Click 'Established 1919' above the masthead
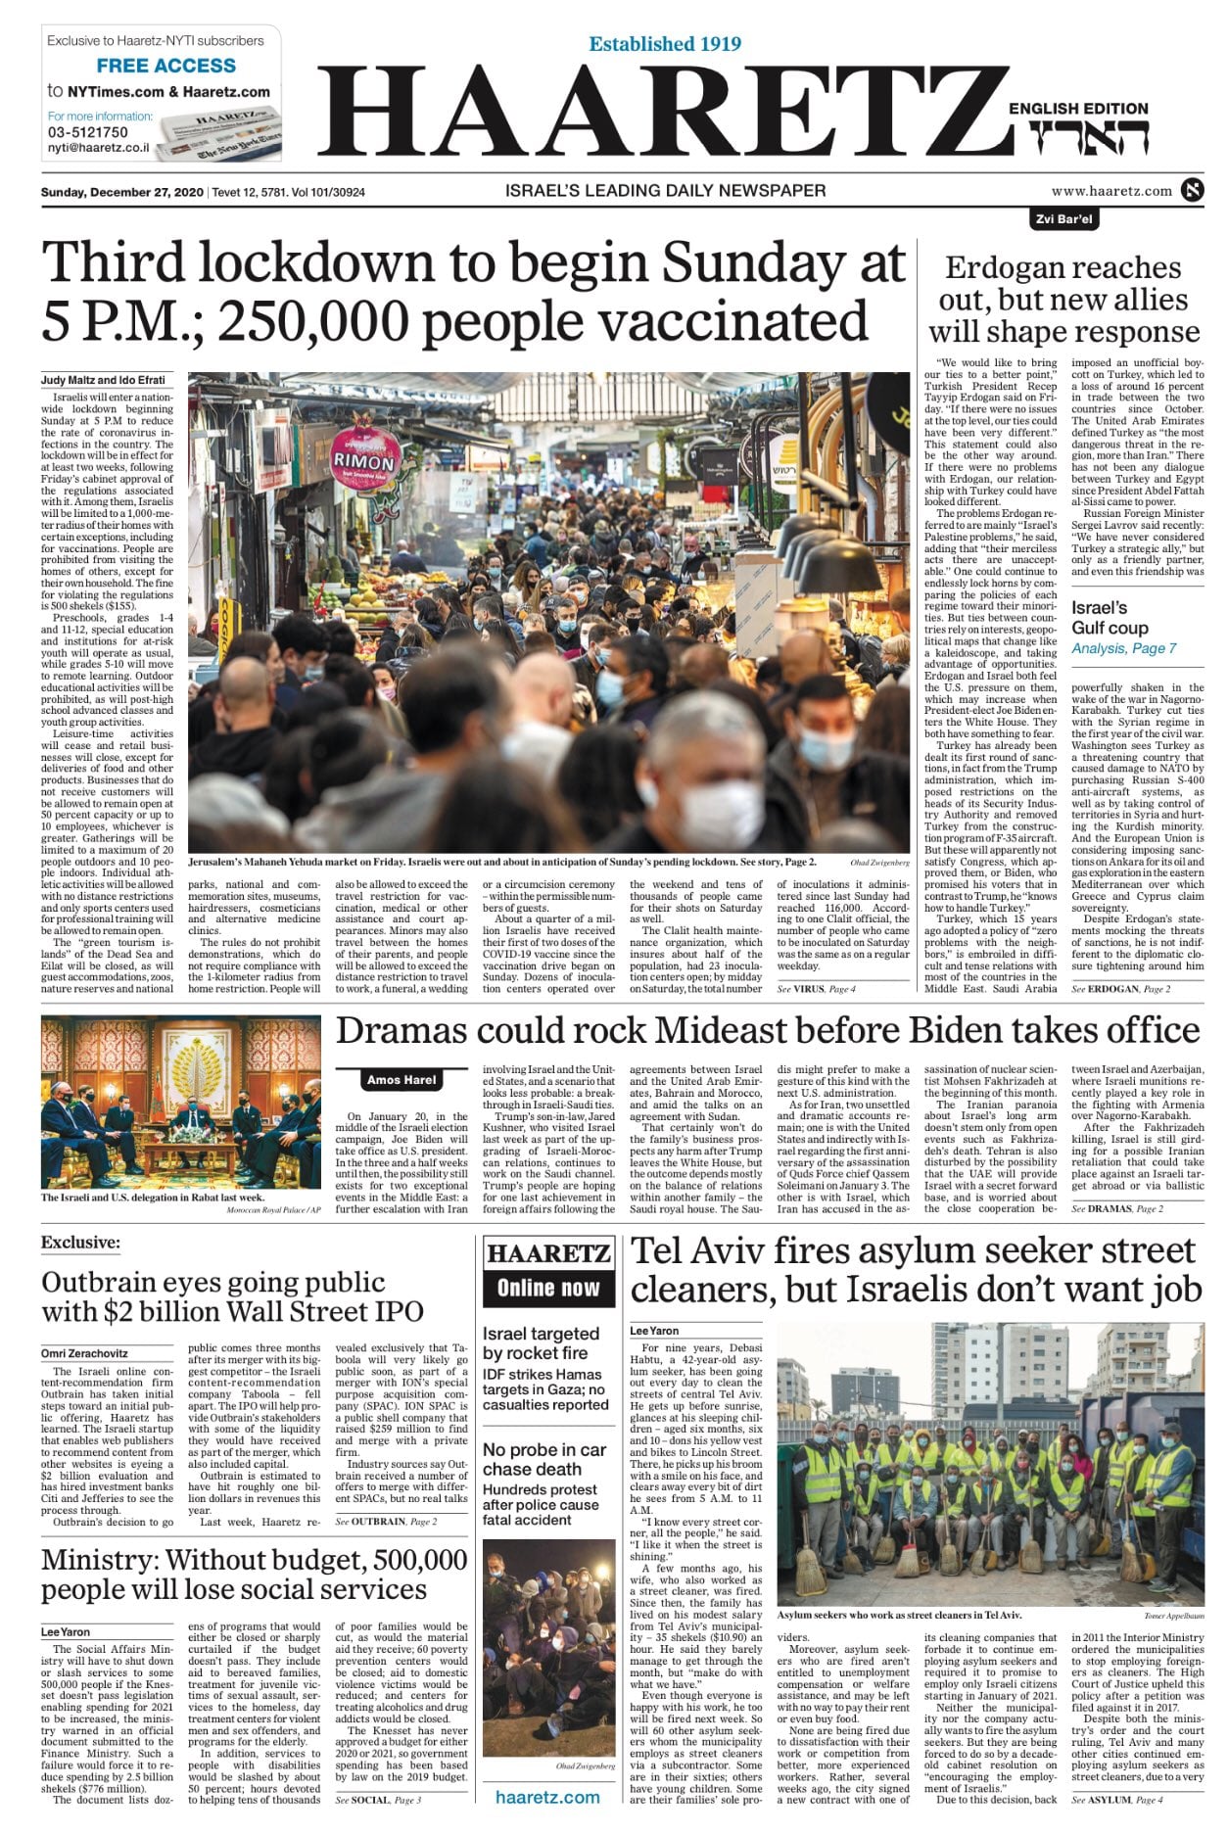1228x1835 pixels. pyautogui.click(x=665, y=44)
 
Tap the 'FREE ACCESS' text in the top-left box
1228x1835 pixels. pyautogui.click(x=166, y=66)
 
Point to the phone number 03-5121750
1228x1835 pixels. pyautogui.click(x=88, y=132)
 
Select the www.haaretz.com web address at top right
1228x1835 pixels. pyautogui.click(x=1111, y=191)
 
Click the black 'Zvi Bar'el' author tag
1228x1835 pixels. pyautogui.click(x=1063, y=219)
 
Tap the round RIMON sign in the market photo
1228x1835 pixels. pyautogui.click(x=364, y=460)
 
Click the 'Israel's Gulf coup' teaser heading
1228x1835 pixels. pyautogui.click(x=1110, y=618)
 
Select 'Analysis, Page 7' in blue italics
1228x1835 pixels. pyautogui.click(x=1123, y=648)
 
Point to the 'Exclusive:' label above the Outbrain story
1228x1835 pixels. pyautogui.click(x=80, y=1243)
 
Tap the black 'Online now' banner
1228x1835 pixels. pyautogui.click(x=548, y=1289)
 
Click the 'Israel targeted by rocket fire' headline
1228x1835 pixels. pyautogui.click(x=541, y=1343)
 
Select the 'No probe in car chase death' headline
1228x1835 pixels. pyautogui.click(x=544, y=1459)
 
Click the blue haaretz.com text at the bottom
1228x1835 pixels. pyautogui.click(x=547, y=1797)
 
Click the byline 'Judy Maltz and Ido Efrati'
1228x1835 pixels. pyautogui.click(x=103, y=380)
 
